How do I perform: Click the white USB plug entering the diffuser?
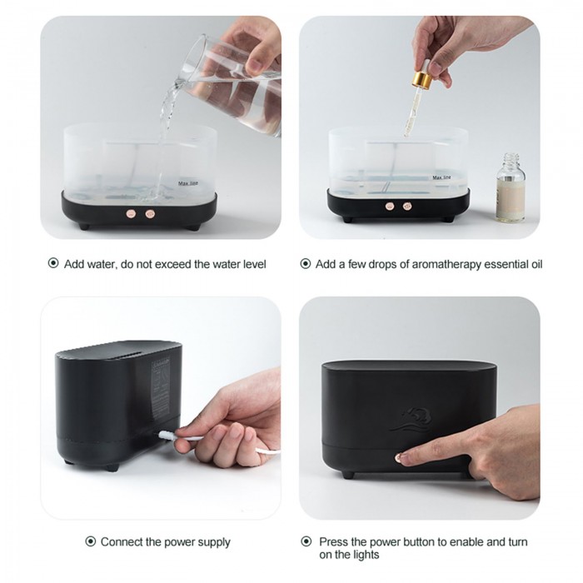click(167, 434)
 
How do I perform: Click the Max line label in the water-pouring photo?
click(188, 183)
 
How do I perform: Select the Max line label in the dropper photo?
click(441, 177)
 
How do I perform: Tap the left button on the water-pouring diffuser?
click(131, 214)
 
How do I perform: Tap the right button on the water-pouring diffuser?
click(150, 214)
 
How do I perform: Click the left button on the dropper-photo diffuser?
click(390, 206)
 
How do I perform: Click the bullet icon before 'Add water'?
click(53, 263)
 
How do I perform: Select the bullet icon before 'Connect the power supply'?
click(90, 541)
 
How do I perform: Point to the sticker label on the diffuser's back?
click(161, 387)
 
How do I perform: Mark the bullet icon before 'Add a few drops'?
click(306, 264)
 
